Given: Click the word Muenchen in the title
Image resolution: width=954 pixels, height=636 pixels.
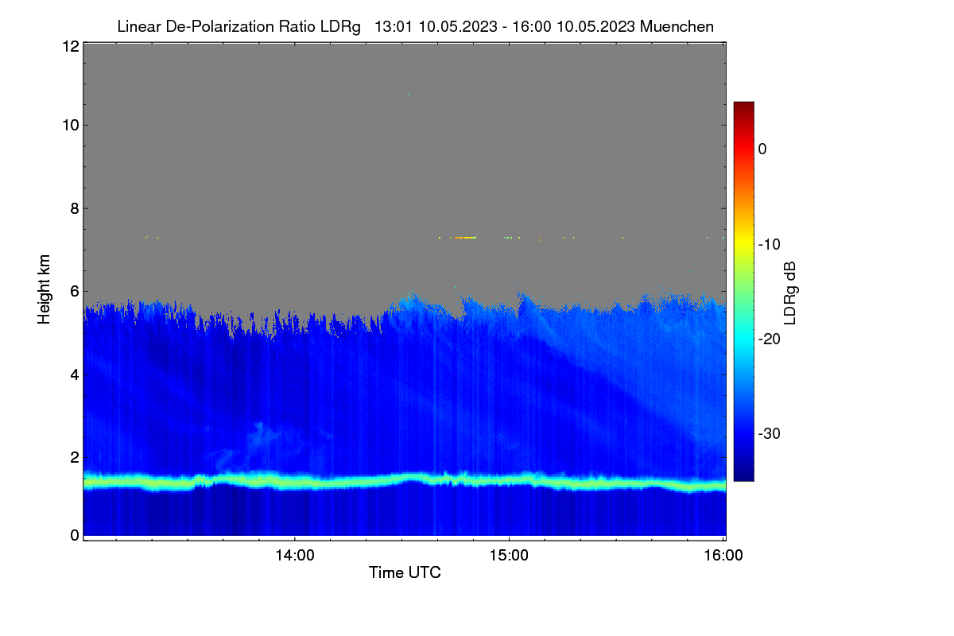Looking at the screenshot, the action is click(677, 27).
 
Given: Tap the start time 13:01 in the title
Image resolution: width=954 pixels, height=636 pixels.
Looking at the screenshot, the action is click(393, 27).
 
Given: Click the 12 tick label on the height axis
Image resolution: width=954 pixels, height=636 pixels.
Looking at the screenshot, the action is click(71, 46).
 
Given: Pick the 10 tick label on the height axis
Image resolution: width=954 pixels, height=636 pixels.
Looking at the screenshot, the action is click(71, 126).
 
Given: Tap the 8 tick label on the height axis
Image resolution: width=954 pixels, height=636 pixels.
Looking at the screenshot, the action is click(75, 208).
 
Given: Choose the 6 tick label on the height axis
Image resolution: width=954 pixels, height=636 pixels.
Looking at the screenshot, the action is click(75, 292).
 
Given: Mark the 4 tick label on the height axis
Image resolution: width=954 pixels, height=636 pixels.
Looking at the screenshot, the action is click(75, 375).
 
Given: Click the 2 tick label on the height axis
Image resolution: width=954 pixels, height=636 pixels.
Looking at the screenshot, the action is click(75, 457).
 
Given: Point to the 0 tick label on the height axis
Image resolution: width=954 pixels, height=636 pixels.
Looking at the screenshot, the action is click(75, 536).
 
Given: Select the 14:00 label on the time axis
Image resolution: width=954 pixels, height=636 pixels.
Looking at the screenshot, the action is click(295, 556).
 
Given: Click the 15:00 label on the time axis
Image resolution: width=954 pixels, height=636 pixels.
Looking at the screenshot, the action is click(509, 556).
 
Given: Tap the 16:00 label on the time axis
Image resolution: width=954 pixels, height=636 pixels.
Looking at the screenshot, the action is click(723, 556).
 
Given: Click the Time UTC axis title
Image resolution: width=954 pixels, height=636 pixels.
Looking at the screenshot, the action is click(405, 572).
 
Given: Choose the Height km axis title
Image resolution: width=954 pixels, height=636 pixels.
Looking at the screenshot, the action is click(44, 289).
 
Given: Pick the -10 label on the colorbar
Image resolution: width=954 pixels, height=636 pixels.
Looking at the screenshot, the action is click(770, 245).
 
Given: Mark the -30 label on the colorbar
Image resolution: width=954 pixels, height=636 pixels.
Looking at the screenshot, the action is click(770, 433).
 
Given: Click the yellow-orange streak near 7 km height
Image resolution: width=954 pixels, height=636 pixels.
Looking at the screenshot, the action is click(465, 238).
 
